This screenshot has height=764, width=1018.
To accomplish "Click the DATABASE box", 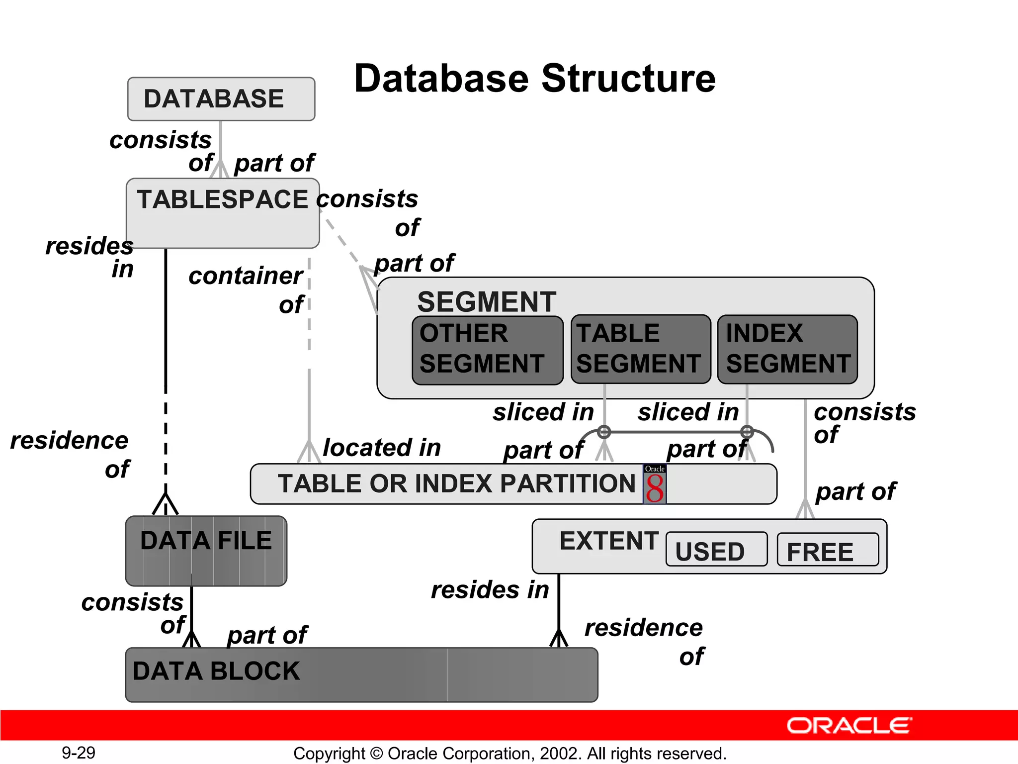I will tap(221, 99).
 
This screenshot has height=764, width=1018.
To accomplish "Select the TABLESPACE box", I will tap(222, 213).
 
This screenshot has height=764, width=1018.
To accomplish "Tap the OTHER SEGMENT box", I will tap(487, 350).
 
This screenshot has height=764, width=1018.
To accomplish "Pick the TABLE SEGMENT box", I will tap(640, 349).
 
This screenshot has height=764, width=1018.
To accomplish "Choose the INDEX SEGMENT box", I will tap(787, 349).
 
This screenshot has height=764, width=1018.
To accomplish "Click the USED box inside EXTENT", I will tap(716, 550).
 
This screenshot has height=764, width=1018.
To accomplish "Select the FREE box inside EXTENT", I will tap(827, 550).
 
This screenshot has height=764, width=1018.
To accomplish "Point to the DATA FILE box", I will tap(206, 551).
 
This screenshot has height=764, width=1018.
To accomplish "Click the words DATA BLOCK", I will tap(216, 671).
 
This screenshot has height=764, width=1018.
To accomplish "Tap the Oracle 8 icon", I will tap(654, 484).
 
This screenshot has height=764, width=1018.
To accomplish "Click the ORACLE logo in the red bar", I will tap(849, 726).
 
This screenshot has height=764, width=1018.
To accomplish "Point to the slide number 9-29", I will tap(78, 753).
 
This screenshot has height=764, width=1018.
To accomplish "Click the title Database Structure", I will tap(534, 79).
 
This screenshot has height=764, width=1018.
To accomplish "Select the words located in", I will tap(382, 447).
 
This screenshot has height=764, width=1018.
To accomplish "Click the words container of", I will tap(246, 289).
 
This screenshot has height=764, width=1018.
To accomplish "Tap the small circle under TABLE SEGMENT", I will tap(604, 432).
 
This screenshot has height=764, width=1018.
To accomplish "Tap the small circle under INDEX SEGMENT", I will tap(747, 432).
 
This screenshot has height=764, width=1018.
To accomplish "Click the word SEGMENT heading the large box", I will tap(486, 301).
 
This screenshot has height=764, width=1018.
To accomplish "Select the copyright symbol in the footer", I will tap(376, 753).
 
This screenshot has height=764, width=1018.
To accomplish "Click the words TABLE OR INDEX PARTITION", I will tap(456, 483).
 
